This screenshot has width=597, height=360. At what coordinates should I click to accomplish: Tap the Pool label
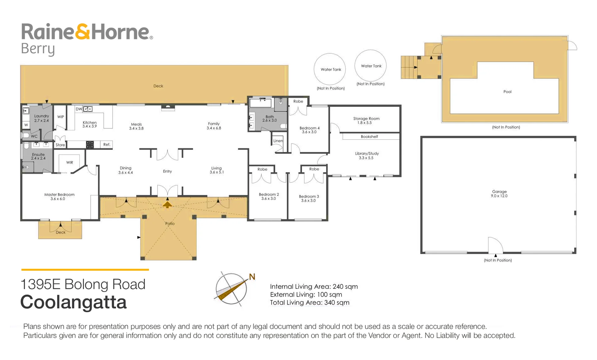tap(507, 92)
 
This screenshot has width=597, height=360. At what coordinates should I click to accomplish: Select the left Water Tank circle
tap(330, 69)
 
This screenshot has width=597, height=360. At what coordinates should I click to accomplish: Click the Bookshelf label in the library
tap(369, 137)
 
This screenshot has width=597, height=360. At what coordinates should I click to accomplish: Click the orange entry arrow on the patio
tap(167, 204)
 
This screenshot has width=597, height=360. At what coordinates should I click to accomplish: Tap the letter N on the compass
tap(252, 277)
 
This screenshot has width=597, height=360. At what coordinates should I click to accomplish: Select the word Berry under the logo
tap(38, 49)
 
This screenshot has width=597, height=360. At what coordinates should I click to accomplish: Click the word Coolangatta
tap(73, 302)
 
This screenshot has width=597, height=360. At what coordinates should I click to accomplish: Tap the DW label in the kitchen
tap(79, 109)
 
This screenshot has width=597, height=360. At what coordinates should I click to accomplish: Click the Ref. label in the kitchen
tap(107, 145)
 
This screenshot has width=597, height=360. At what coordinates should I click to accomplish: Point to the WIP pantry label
tap(61, 117)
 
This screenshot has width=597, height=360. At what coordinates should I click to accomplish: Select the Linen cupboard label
tap(278, 141)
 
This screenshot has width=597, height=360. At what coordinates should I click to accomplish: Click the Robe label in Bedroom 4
tap(298, 101)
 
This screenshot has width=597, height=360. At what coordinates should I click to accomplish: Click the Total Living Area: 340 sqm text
tap(309, 303)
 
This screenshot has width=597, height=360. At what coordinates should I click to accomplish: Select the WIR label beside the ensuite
tap(70, 163)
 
